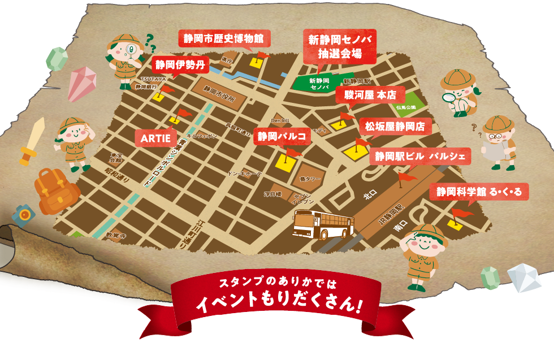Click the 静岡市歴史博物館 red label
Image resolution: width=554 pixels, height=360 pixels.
click(224, 39)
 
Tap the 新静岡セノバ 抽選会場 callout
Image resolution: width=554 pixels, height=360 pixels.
click(339, 46)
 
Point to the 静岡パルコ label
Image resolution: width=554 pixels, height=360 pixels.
click(282, 136)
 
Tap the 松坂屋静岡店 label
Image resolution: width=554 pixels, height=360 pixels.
click(395, 126)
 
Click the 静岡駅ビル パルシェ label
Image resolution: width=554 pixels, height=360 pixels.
click(419, 155)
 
